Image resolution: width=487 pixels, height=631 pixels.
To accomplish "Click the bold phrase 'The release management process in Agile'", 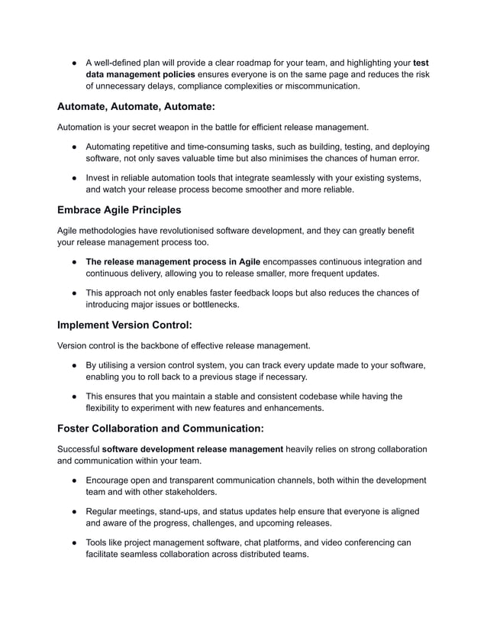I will pyautogui.click(x=173, y=261).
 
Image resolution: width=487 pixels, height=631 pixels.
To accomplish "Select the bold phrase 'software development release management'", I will pyautogui.click(x=192, y=447).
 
